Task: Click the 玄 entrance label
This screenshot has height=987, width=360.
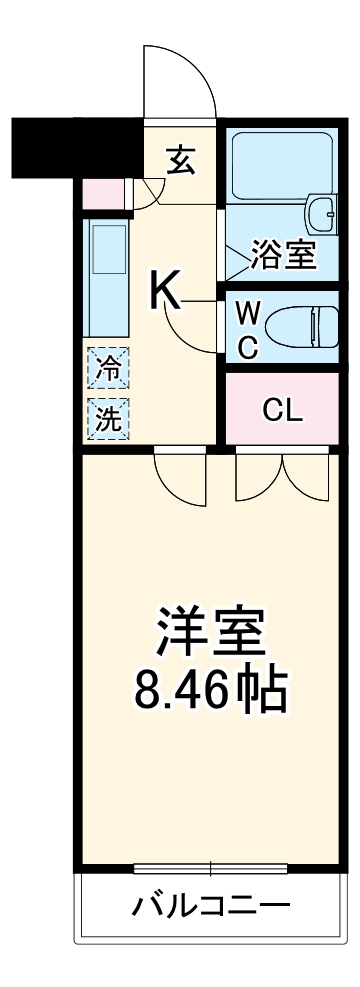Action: tap(181, 159)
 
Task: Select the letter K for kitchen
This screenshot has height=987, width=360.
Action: tap(165, 291)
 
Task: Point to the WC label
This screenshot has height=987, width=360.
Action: tap(248, 329)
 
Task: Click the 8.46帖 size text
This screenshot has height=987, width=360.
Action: tap(210, 687)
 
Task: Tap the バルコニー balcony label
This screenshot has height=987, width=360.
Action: tap(212, 907)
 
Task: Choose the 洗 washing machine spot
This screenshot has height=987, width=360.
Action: tap(107, 418)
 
